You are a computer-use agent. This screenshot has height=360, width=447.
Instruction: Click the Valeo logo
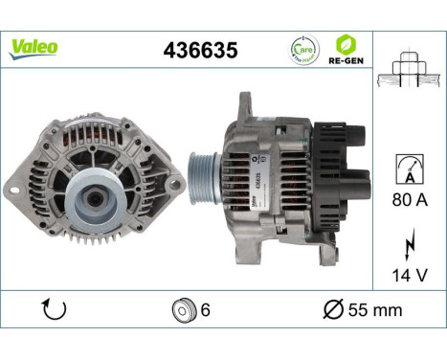coord(34,46)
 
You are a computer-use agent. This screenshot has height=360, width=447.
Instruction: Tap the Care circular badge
coord(303,48)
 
